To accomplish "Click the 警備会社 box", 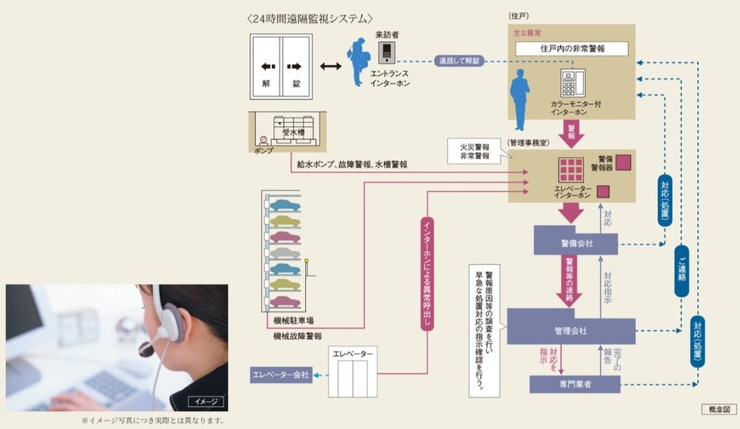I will [x=575, y=243].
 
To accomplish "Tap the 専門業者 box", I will [x=575, y=384].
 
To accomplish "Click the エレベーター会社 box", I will [x=280, y=375].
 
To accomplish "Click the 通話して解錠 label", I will [x=459, y=61].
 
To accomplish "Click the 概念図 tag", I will [x=717, y=409].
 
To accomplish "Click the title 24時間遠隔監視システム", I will [x=310, y=18].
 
